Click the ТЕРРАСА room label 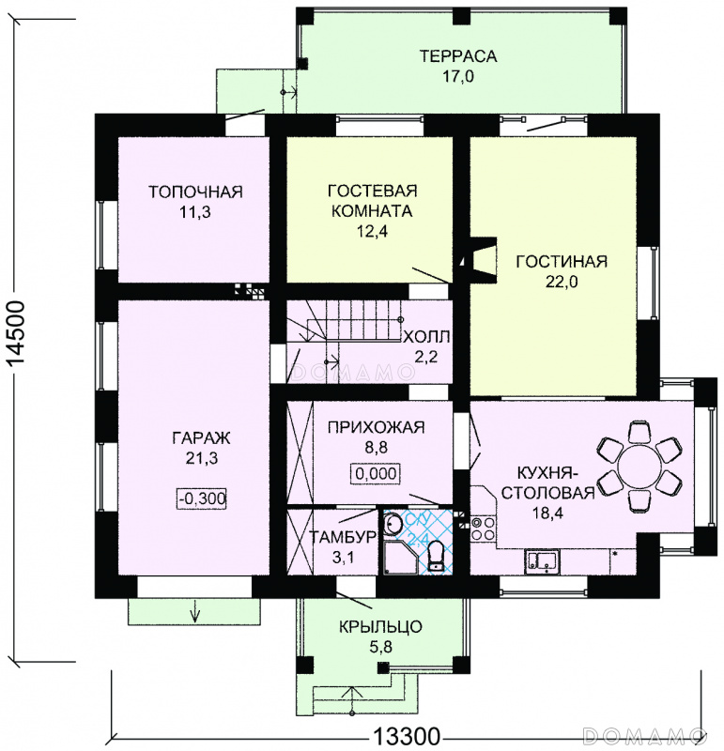[458, 56]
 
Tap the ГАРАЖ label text [201, 437]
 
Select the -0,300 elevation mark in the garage [202, 498]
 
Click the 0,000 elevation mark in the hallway [376, 474]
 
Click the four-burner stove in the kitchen [482, 528]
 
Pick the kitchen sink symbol [542, 561]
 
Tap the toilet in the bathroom [436, 556]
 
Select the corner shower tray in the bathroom [400, 558]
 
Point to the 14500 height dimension [17, 339]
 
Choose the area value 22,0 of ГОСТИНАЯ [562, 282]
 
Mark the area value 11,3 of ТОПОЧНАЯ [195, 212]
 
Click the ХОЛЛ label [426, 337]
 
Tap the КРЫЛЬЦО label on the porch [380, 626]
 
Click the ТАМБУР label [343, 537]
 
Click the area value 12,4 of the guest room [372, 231]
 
